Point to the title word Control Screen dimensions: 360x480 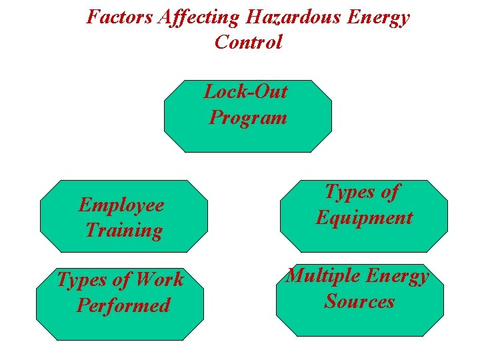[248, 42]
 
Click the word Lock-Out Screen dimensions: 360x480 [245, 91]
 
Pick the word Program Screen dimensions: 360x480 [248, 118]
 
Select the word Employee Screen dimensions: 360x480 [121, 205]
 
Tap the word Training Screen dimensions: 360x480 [124, 231]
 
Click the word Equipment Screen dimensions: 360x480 [364, 217]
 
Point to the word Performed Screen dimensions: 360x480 [124, 305]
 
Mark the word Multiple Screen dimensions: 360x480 [322, 276]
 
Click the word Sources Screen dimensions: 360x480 [359, 301]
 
